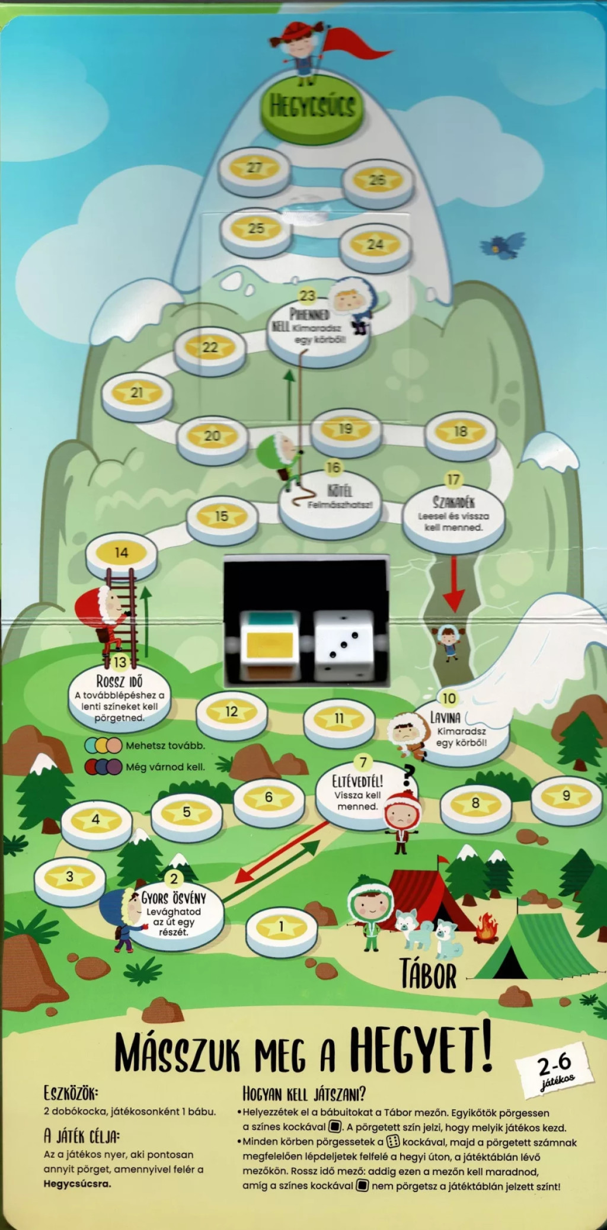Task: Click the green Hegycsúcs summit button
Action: click(x=312, y=107)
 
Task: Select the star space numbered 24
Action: click(x=375, y=245)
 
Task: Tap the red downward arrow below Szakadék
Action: click(x=455, y=583)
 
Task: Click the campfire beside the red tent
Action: click(x=486, y=926)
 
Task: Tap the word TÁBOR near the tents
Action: click(x=428, y=974)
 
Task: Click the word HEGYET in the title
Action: click(x=420, y=1050)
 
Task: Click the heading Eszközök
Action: click(x=71, y=1092)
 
